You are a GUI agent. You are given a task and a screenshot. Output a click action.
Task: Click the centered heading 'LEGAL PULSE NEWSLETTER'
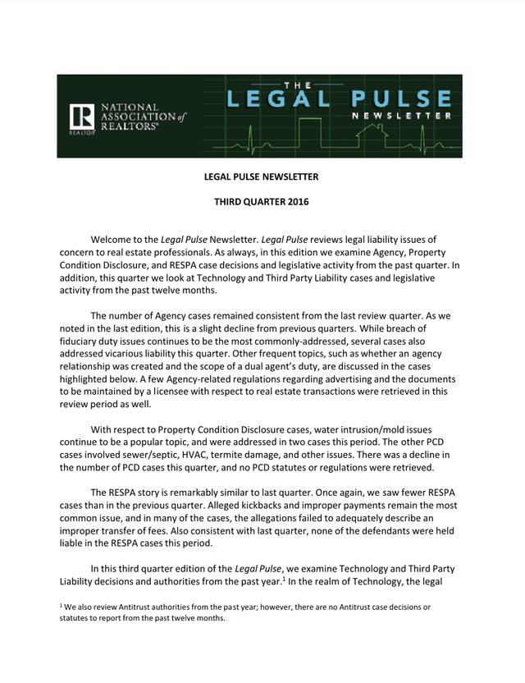click(x=261, y=176)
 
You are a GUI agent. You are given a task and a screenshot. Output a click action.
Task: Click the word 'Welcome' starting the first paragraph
click(x=112, y=238)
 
